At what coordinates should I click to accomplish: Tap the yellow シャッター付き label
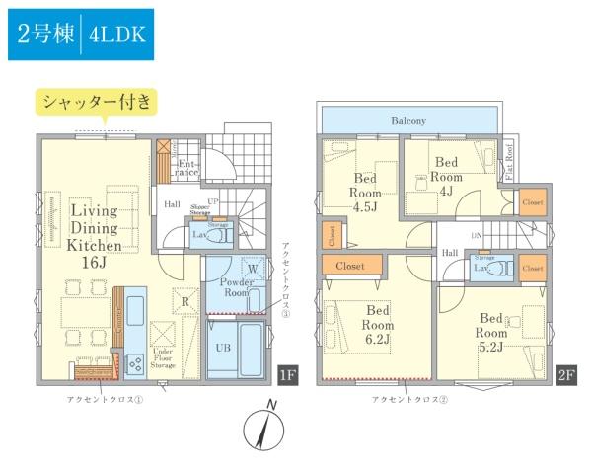[96, 101]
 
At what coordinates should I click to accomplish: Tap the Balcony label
[407, 120]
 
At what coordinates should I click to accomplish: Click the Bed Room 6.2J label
[378, 325]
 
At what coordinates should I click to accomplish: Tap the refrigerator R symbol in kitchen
[184, 296]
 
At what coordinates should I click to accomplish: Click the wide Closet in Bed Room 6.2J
[350, 266]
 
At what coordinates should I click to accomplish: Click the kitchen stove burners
[135, 363]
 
